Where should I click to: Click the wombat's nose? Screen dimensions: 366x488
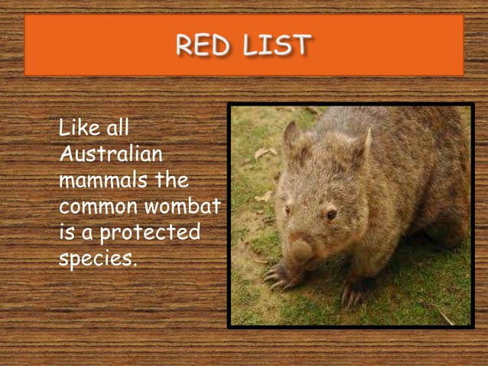click(301, 248)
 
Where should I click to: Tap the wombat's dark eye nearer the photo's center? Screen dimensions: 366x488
click(331, 214)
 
